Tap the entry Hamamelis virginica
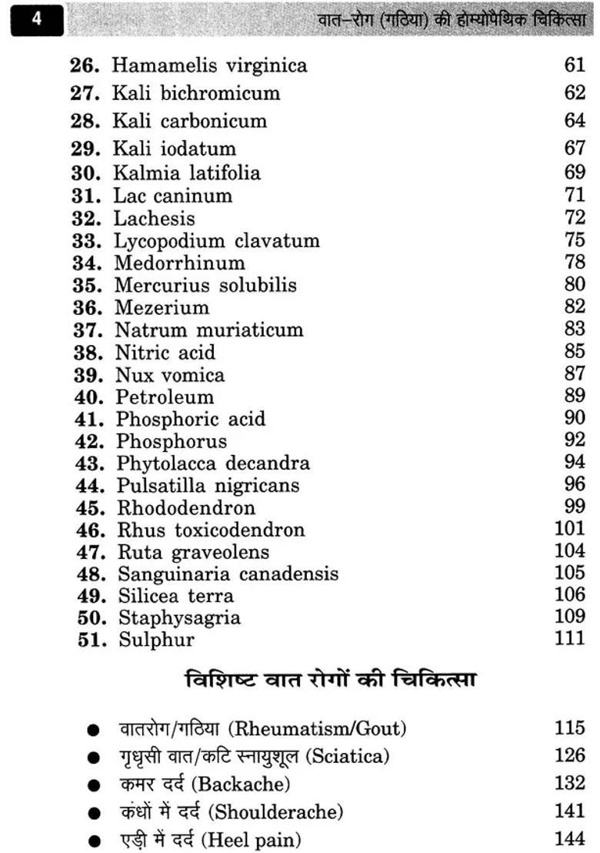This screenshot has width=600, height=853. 209,65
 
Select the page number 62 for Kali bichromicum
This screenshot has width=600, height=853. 574,93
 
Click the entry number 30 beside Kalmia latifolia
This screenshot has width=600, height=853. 88,172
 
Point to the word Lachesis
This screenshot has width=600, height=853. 155,218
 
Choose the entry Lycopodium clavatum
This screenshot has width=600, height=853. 217,241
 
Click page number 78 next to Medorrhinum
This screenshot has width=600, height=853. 574,263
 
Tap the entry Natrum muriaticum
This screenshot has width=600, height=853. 209,330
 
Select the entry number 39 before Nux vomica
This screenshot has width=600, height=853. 89,375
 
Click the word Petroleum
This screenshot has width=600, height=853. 165,397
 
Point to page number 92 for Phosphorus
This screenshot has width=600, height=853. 574,441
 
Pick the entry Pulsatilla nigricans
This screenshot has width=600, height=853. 208,486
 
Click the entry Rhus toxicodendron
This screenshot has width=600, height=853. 211,530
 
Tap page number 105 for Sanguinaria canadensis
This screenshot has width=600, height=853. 570,574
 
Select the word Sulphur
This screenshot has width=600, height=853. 156,640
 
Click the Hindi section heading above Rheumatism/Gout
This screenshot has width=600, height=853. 331,681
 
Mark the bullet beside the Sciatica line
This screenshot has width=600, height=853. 93,758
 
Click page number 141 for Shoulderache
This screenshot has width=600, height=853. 570,811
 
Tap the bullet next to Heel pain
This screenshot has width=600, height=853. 93,841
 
